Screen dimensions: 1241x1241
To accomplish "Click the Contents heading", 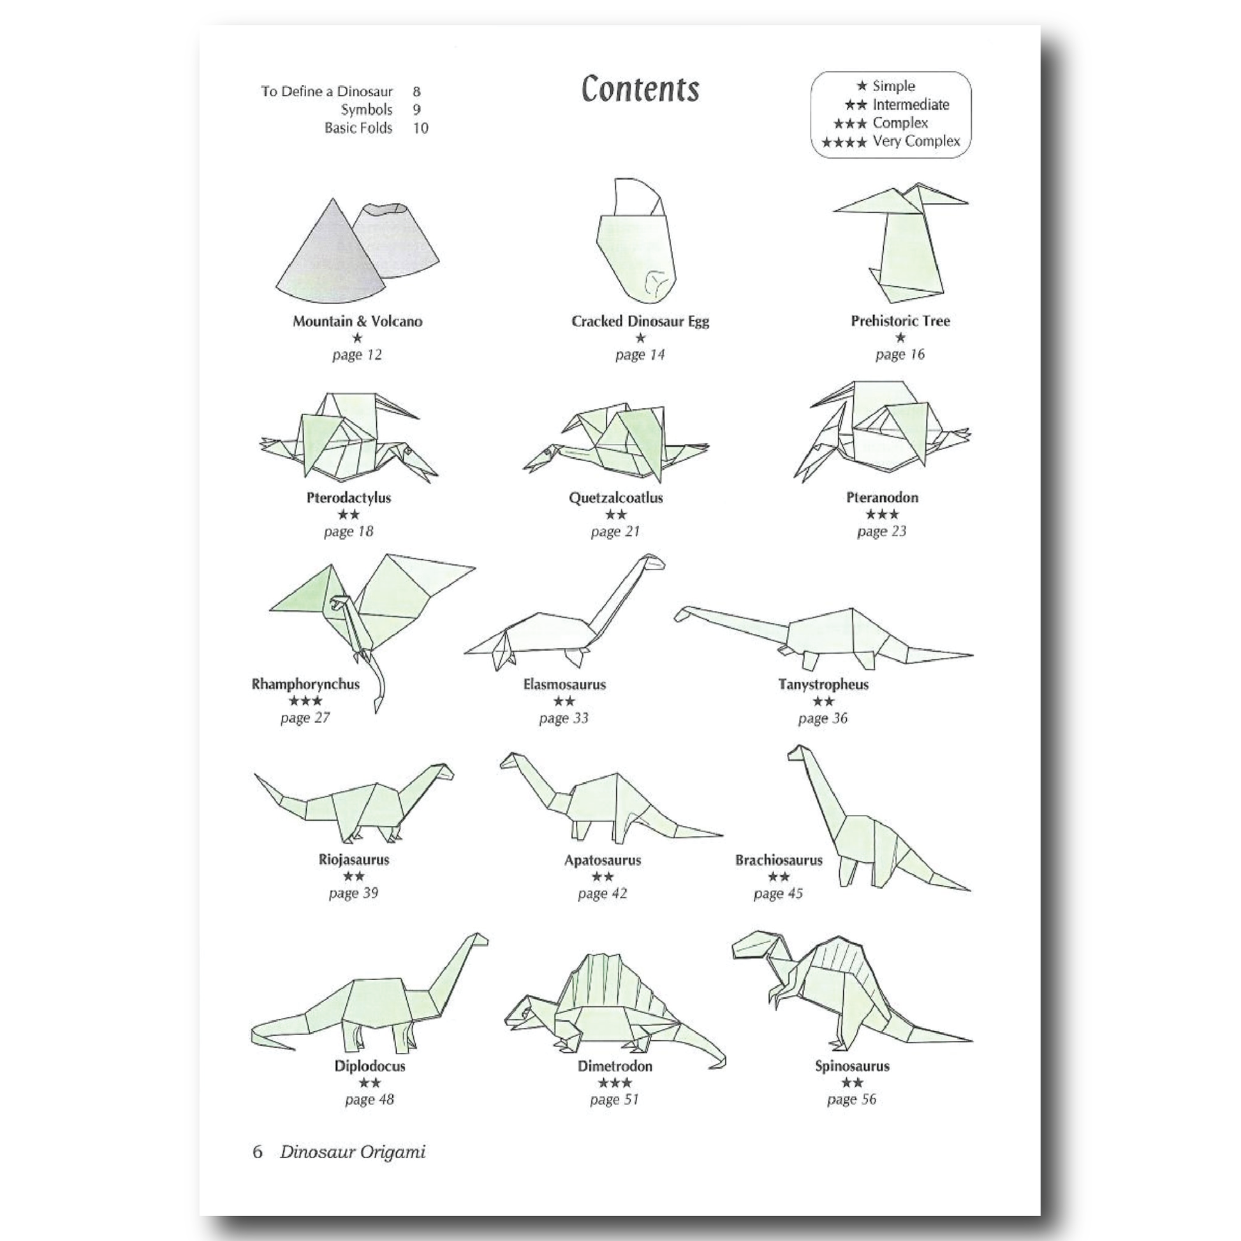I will (640, 89).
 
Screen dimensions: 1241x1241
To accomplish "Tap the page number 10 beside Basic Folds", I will (420, 128).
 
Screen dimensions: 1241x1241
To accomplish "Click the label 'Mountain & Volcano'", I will (357, 321).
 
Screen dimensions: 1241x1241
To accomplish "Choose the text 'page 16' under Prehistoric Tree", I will (899, 355).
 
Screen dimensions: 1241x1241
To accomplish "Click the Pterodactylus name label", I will (348, 498).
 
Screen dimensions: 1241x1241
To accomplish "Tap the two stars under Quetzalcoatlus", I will (615, 515).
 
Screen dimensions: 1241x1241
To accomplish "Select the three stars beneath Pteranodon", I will (881, 515).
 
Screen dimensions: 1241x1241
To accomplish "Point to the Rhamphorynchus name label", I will (305, 684).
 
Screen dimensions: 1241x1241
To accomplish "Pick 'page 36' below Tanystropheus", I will (822, 718).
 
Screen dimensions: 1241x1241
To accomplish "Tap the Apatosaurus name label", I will (603, 860).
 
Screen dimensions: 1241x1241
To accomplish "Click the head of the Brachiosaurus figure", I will (797, 751).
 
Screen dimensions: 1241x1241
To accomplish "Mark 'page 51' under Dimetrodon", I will (614, 1099).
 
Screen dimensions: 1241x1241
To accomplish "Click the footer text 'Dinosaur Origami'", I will (353, 1152).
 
